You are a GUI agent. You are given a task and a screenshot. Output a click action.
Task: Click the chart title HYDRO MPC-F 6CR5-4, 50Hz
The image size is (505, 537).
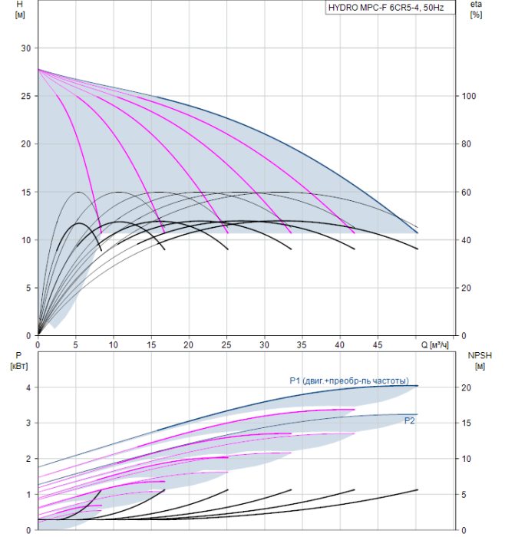pos(386,8)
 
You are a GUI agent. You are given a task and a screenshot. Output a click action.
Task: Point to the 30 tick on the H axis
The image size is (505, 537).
pos(25,48)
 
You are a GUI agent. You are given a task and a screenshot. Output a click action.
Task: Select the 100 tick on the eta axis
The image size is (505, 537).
pos(469,96)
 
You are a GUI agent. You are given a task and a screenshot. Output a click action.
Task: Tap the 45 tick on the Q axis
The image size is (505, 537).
pos(378,345)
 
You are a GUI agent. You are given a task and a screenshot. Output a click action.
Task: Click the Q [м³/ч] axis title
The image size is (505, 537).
pos(434,345)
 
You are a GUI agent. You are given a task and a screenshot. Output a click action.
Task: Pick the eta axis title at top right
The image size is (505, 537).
pos(477,9)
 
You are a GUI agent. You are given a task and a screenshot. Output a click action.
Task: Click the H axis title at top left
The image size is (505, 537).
pos(20,9)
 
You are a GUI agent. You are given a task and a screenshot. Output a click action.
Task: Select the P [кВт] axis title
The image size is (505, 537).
pos(19,361)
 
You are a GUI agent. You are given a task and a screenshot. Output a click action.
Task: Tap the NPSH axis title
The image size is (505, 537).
pos(480,361)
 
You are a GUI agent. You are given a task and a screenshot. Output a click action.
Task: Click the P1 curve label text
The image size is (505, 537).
pos(349,381)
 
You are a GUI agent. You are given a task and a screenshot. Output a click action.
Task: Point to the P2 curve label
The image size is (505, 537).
pos(409,421)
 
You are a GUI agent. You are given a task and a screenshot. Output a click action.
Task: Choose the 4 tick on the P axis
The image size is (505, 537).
pos(28,387)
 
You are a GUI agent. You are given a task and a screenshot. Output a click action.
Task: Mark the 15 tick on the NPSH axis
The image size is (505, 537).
pos(467,423)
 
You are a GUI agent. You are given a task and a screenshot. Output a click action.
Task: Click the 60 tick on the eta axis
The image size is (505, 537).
pos(467,193)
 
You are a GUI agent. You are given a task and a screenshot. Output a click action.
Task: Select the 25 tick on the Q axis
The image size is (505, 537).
pos(226,345)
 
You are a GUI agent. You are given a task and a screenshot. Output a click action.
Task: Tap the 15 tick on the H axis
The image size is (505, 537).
pos(25,193)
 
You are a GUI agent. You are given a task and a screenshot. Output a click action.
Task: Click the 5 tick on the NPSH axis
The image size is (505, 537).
pos(464,495)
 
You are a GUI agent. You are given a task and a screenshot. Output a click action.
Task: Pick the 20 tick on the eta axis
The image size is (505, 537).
pos(467,288)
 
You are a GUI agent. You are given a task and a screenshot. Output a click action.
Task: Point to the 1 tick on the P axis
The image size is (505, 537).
pos(28,495)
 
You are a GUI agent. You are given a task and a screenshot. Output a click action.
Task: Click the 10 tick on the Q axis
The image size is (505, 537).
pos(114,345)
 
